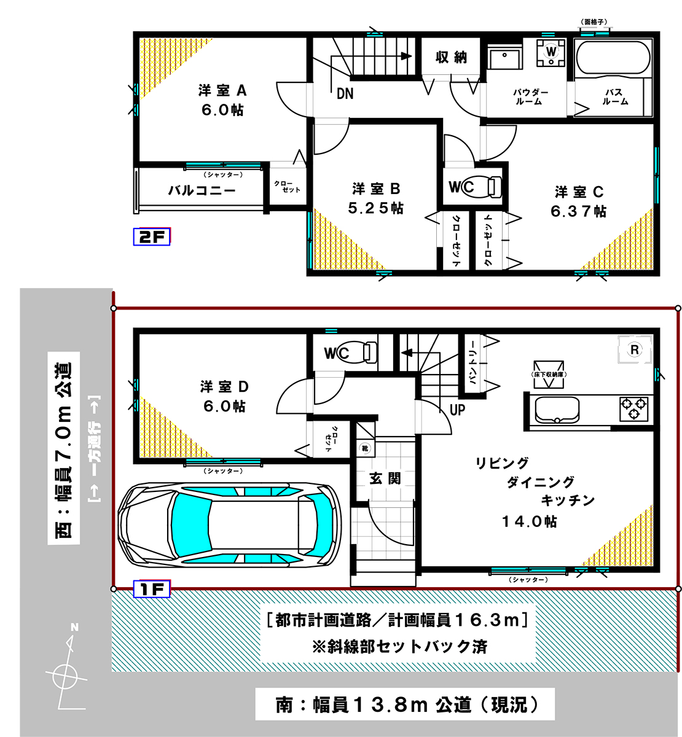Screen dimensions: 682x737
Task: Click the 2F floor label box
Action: tap(152, 236)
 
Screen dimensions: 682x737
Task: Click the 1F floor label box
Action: tap(152, 589)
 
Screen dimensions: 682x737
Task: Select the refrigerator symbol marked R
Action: tap(635, 349)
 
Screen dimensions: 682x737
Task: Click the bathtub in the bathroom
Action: tap(613, 58)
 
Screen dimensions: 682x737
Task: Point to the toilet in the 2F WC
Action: tap(482, 186)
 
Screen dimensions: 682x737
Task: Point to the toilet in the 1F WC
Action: tap(357, 352)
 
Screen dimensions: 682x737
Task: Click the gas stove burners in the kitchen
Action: tap(633, 408)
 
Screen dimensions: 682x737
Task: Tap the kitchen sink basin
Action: tap(557, 410)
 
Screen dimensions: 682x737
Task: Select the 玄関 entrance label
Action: tap(385, 478)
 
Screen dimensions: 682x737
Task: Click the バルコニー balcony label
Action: tap(202, 190)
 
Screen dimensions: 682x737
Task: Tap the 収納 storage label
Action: tap(451, 57)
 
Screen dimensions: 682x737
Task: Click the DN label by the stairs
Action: tap(345, 94)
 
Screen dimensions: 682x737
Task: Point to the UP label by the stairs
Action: tap(457, 410)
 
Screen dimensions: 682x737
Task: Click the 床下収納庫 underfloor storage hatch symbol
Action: tap(549, 375)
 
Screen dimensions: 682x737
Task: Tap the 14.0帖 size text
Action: tap(530, 521)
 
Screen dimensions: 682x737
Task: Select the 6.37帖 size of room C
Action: tap(578, 211)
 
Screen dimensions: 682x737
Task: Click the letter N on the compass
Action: tap(74, 627)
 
